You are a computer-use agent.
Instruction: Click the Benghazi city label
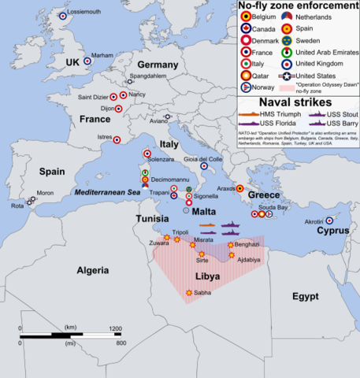[x=247, y=245]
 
